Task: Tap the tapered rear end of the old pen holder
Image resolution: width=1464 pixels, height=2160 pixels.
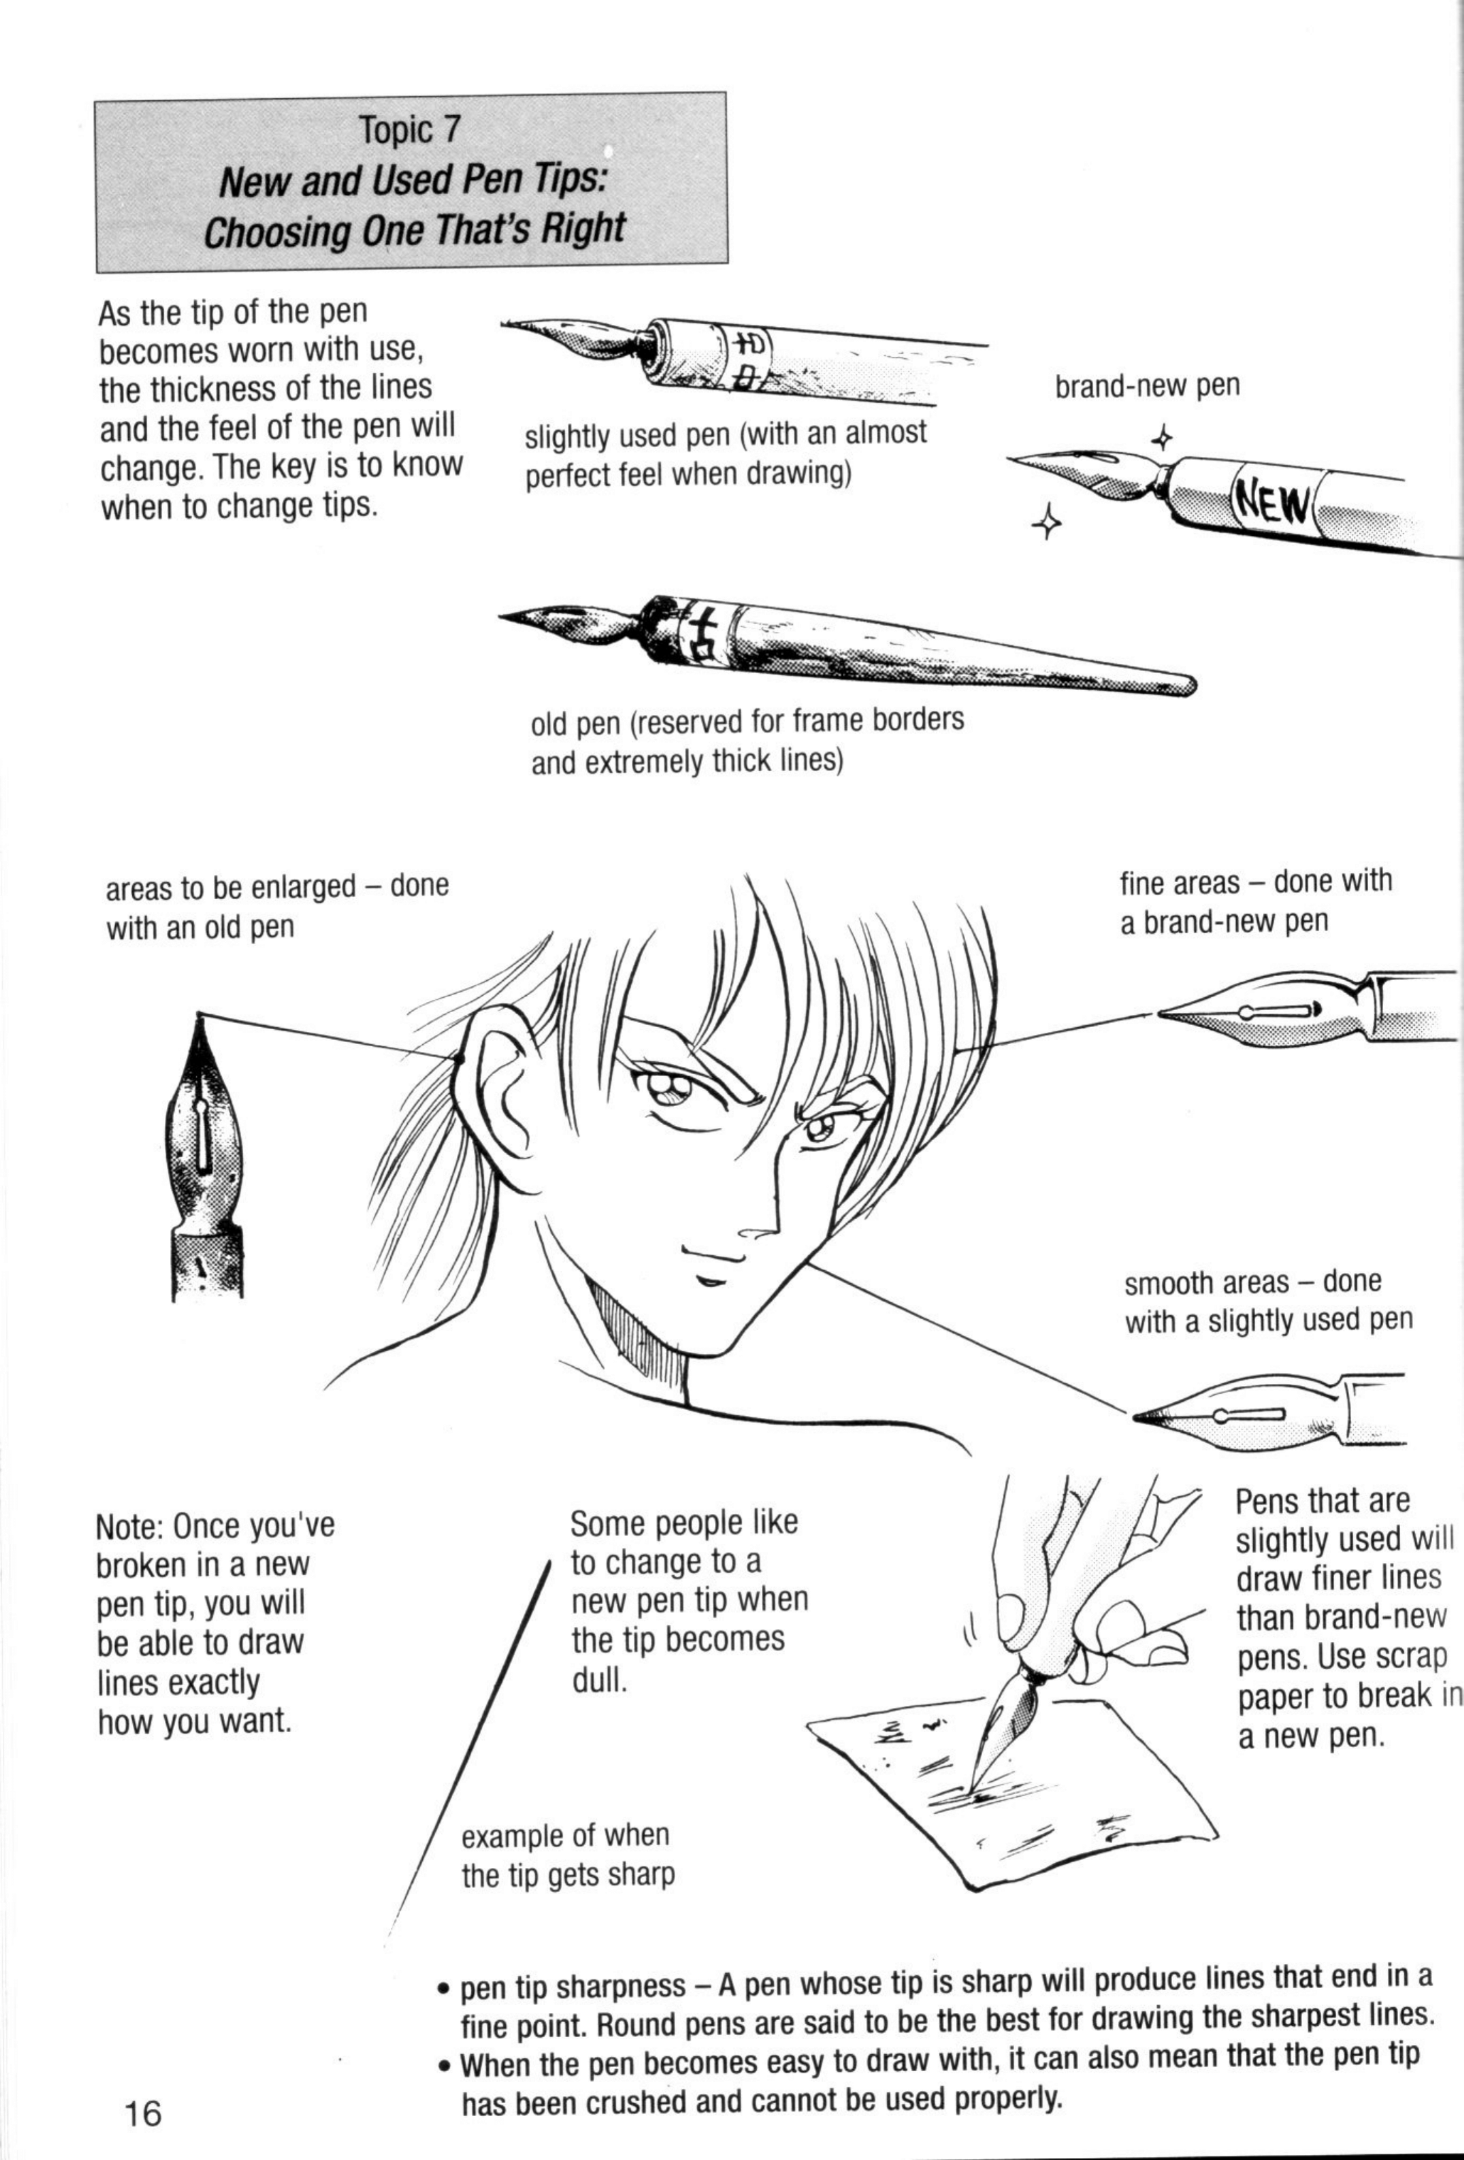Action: coord(1180,685)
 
